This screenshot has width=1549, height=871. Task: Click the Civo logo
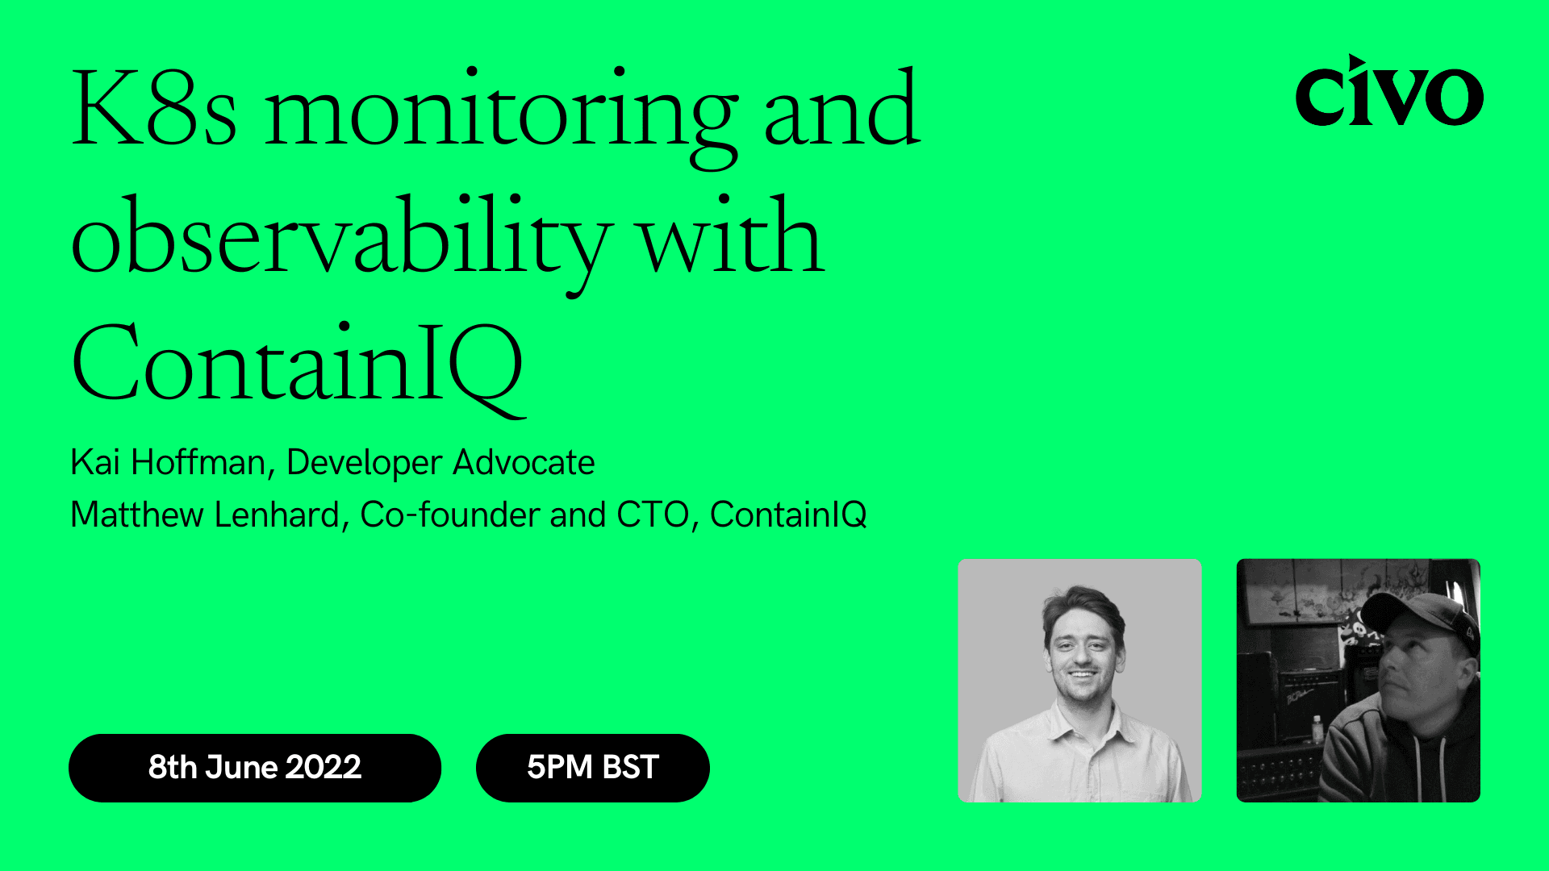(x=1388, y=92)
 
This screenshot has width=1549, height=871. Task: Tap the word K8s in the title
(x=153, y=110)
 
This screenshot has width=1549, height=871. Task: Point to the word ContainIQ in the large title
(x=299, y=363)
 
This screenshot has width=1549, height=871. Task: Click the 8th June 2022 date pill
(x=255, y=767)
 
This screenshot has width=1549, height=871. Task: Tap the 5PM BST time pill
(x=593, y=767)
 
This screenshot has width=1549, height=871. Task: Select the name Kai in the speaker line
(x=95, y=463)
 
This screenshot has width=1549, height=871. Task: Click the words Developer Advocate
(x=440, y=463)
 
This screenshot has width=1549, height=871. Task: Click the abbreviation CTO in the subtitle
(x=653, y=515)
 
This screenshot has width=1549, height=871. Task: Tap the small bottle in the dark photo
(x=1317, y=729)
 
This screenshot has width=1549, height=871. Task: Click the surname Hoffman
(x=198, y=463)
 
